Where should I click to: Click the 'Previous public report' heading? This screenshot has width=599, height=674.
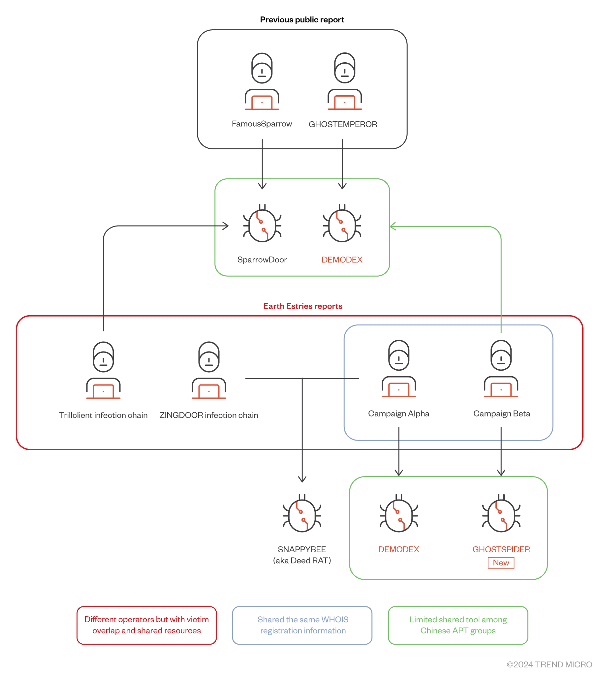pyautogui.click(x=302, y=20)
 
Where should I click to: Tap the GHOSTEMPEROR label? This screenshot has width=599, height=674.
pyautogui.click(x=343, y=124)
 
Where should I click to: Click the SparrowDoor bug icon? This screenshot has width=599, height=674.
pyautogui.click(x=262, y=224)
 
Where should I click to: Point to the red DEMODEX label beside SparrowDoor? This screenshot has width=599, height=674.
pyautogui.click(x=342, y=260)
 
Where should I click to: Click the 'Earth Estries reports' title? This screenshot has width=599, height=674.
pyautogui.click(x=303, y=306)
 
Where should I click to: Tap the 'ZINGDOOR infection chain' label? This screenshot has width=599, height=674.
pyautogui.click(x=209, y=415)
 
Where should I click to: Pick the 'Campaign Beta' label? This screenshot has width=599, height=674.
pyautogui.click(x=501, y=414)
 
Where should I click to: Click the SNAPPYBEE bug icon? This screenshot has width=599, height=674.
pyautogui.click(x=302, y=514)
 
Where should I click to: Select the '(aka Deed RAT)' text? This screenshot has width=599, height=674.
pyautogui.click(x=302, y=561)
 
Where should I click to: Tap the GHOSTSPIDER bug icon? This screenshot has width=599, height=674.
pyautogui.click(x=501, y=514)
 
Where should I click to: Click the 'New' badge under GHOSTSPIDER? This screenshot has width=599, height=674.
pyautogui.click(x=501, y=563)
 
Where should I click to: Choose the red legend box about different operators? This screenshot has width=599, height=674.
pyautogui.click(x=146, y=625)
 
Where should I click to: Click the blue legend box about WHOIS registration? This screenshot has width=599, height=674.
pyautogui.click(x=302, y=625)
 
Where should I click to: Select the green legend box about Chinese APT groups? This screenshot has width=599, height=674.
pyautogui.click(x=458, y=625)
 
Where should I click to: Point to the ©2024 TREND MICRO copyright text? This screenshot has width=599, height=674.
pyautogui.click(x=549, y=664)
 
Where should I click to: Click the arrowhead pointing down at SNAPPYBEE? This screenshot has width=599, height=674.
pyautogui.click(x=302, y=479)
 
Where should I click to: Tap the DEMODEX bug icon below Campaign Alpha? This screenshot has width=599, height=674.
pyautogui.click(x=399, y=514)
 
